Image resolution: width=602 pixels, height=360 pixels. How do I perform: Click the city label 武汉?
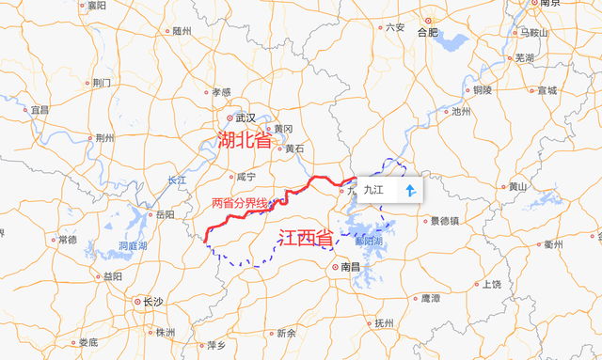pos(246,117)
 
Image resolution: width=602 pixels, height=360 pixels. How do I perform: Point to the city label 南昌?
pos(350,267)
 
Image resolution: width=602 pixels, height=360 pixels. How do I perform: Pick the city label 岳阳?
pos(166,214)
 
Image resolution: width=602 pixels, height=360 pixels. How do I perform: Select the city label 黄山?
pos(517,186)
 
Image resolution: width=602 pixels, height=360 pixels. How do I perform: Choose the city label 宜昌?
pos(40,110)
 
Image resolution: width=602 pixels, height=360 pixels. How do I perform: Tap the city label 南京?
pos(550,4)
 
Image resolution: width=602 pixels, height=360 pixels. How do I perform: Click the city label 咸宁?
pos(245,176)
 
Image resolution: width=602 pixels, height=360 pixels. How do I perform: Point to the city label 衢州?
pos(552,244)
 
